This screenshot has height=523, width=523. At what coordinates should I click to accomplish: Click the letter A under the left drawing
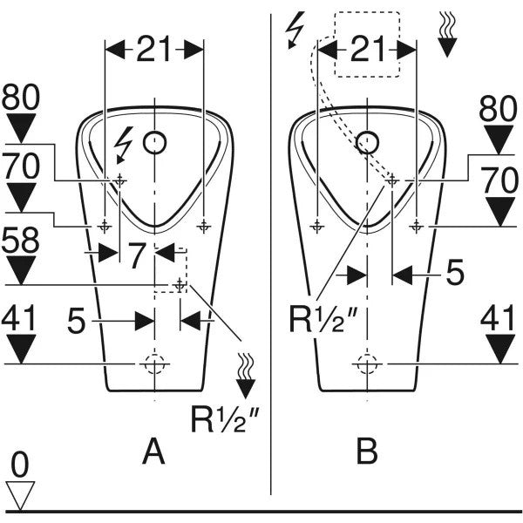pyautogui.click(x=153, y=452)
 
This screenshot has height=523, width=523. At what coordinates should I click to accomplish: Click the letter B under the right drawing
pyautogui.click(x=367, y=452)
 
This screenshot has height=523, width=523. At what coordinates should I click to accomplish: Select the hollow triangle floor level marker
pyautogui.click(x=20, y=494)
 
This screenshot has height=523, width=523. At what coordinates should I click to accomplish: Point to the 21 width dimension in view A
pyautogui.click(x=153, y=51)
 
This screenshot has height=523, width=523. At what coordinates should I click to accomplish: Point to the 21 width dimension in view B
pyautogui.click(x=366, y=51)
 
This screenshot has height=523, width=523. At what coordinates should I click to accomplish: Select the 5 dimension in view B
pyautogui.click(x=455, y=273)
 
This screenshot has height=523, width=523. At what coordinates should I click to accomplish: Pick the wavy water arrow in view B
pyautogui.click(x=446, y=34)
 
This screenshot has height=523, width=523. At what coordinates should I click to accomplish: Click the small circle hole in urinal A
pyautogui.click(x=154, y=140)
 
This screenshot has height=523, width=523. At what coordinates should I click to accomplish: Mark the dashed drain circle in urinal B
pyautogui.click(x=367, y=363)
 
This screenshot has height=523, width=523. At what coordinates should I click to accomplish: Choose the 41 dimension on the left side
pyautogui.click(x=20, y=319)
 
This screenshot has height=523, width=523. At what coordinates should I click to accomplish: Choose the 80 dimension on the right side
pyautogui.click(x=499, y=108)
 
